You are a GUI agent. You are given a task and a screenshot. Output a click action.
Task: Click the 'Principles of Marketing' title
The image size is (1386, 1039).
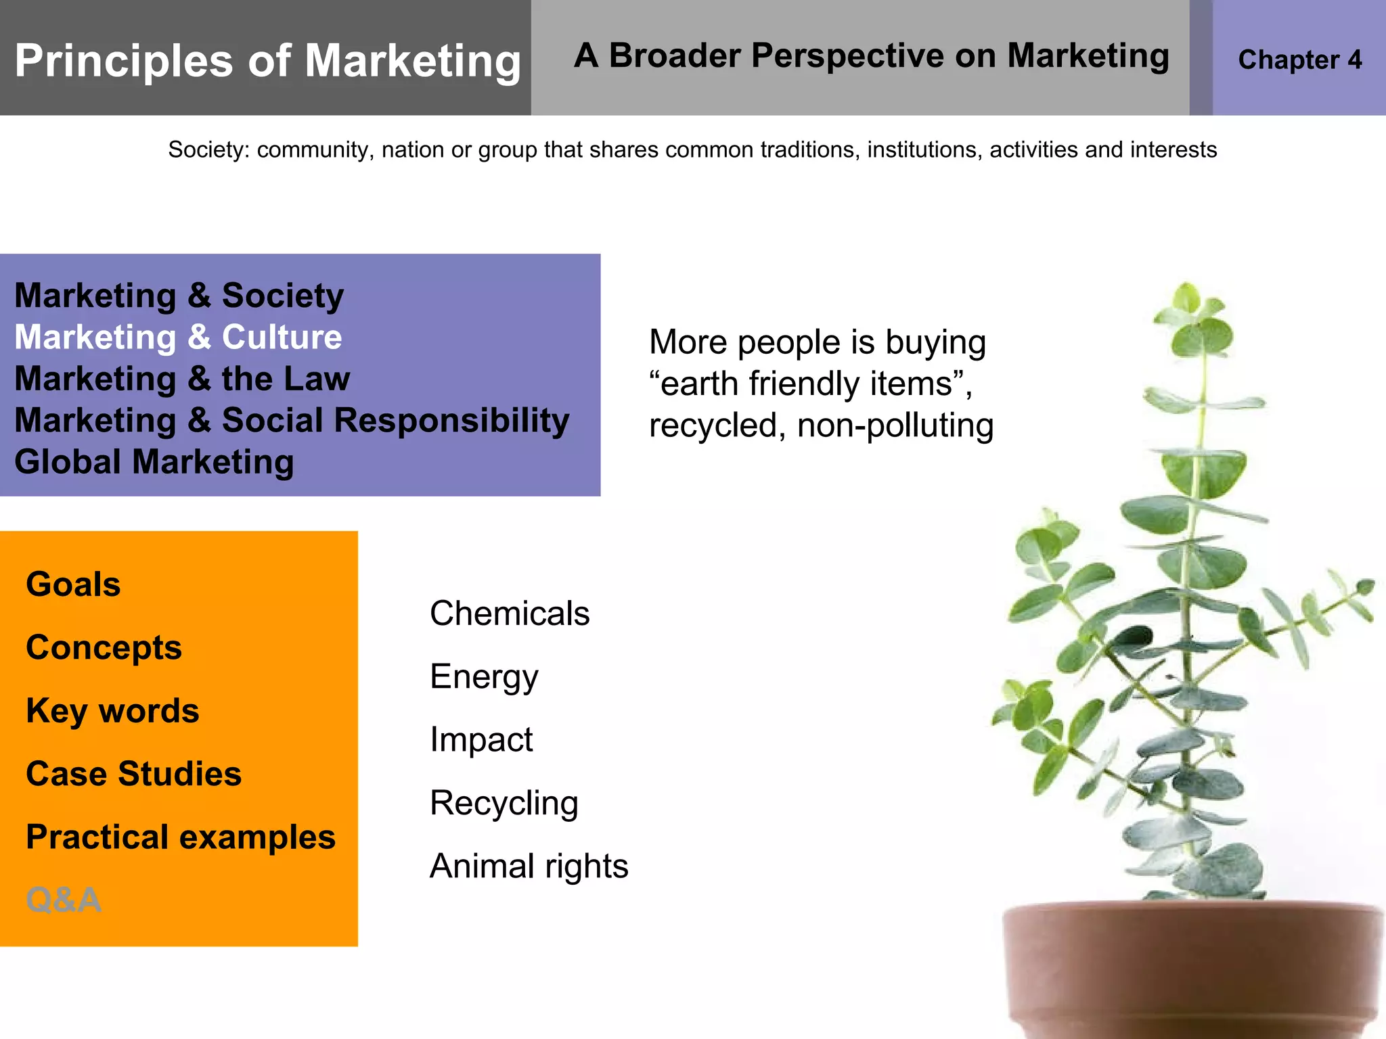(267, 61)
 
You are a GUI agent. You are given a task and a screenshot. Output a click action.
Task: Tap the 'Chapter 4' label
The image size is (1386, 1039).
(1299, 60)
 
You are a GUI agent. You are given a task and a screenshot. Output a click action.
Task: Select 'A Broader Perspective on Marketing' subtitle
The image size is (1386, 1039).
(871, 56)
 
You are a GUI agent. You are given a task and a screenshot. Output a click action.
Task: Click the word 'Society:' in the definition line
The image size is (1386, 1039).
(208, 149)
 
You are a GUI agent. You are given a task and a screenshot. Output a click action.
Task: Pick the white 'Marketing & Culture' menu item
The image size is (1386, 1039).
(178, 337)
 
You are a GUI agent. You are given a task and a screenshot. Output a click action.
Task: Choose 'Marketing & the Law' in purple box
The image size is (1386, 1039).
(182, 379)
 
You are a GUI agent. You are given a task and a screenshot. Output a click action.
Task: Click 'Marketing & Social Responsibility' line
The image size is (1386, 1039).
(292, 420)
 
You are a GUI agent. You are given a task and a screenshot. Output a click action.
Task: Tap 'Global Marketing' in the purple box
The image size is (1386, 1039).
(154, 462)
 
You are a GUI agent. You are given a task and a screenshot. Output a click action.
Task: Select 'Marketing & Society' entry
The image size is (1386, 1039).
(179, 296)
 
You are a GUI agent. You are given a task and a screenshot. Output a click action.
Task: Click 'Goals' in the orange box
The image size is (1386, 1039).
(73, 584)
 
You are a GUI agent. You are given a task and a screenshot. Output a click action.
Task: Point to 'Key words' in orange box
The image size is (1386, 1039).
(112, 711)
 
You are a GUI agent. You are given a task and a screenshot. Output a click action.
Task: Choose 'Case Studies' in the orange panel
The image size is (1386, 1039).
(133, 774)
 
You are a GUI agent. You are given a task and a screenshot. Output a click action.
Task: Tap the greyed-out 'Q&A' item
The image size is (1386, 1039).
(64, 900)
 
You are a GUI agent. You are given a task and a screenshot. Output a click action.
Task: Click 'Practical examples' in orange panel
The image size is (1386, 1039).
(181, 837)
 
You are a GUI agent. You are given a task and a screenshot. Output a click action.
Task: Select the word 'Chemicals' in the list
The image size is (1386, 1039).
(510, 614)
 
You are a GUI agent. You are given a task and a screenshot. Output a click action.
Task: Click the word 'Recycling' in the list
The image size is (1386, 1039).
(504, 803)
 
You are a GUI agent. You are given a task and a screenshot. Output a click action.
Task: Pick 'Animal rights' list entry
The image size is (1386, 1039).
(529, 867)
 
